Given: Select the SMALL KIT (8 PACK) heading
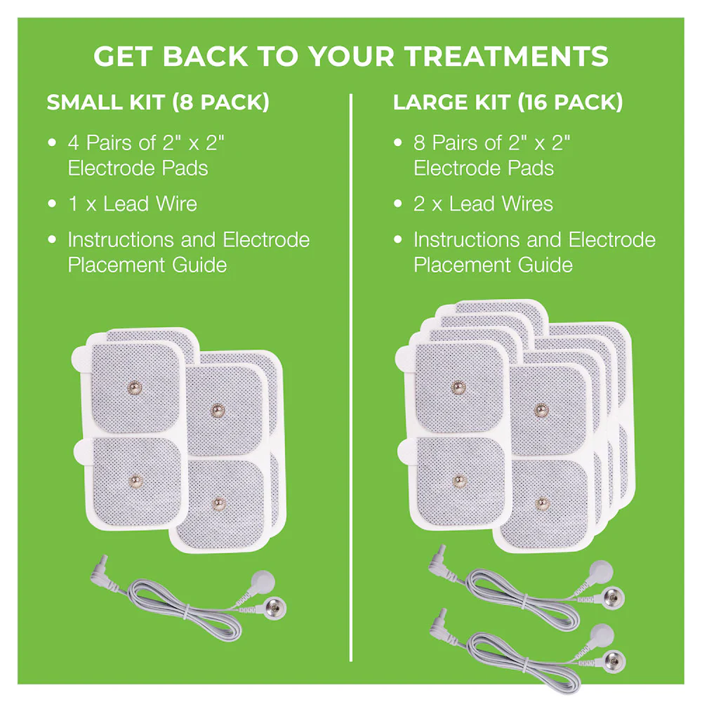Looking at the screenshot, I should point(158,102).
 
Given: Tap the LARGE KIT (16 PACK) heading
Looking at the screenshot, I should point(508,102).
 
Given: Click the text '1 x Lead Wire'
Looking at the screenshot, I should point(132,204).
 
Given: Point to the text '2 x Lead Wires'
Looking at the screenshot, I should point(483,204).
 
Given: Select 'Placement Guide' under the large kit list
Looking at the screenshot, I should point(493,265).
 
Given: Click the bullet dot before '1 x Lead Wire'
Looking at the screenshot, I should point(52,204).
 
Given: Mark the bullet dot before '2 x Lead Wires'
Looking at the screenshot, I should point(398,204).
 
